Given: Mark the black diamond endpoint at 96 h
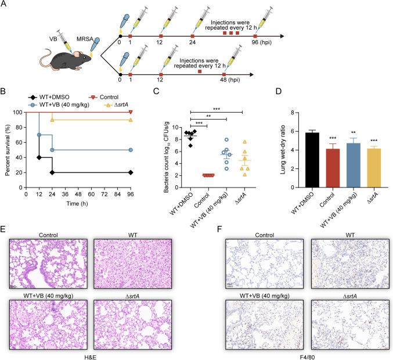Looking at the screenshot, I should tap(131, 172).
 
